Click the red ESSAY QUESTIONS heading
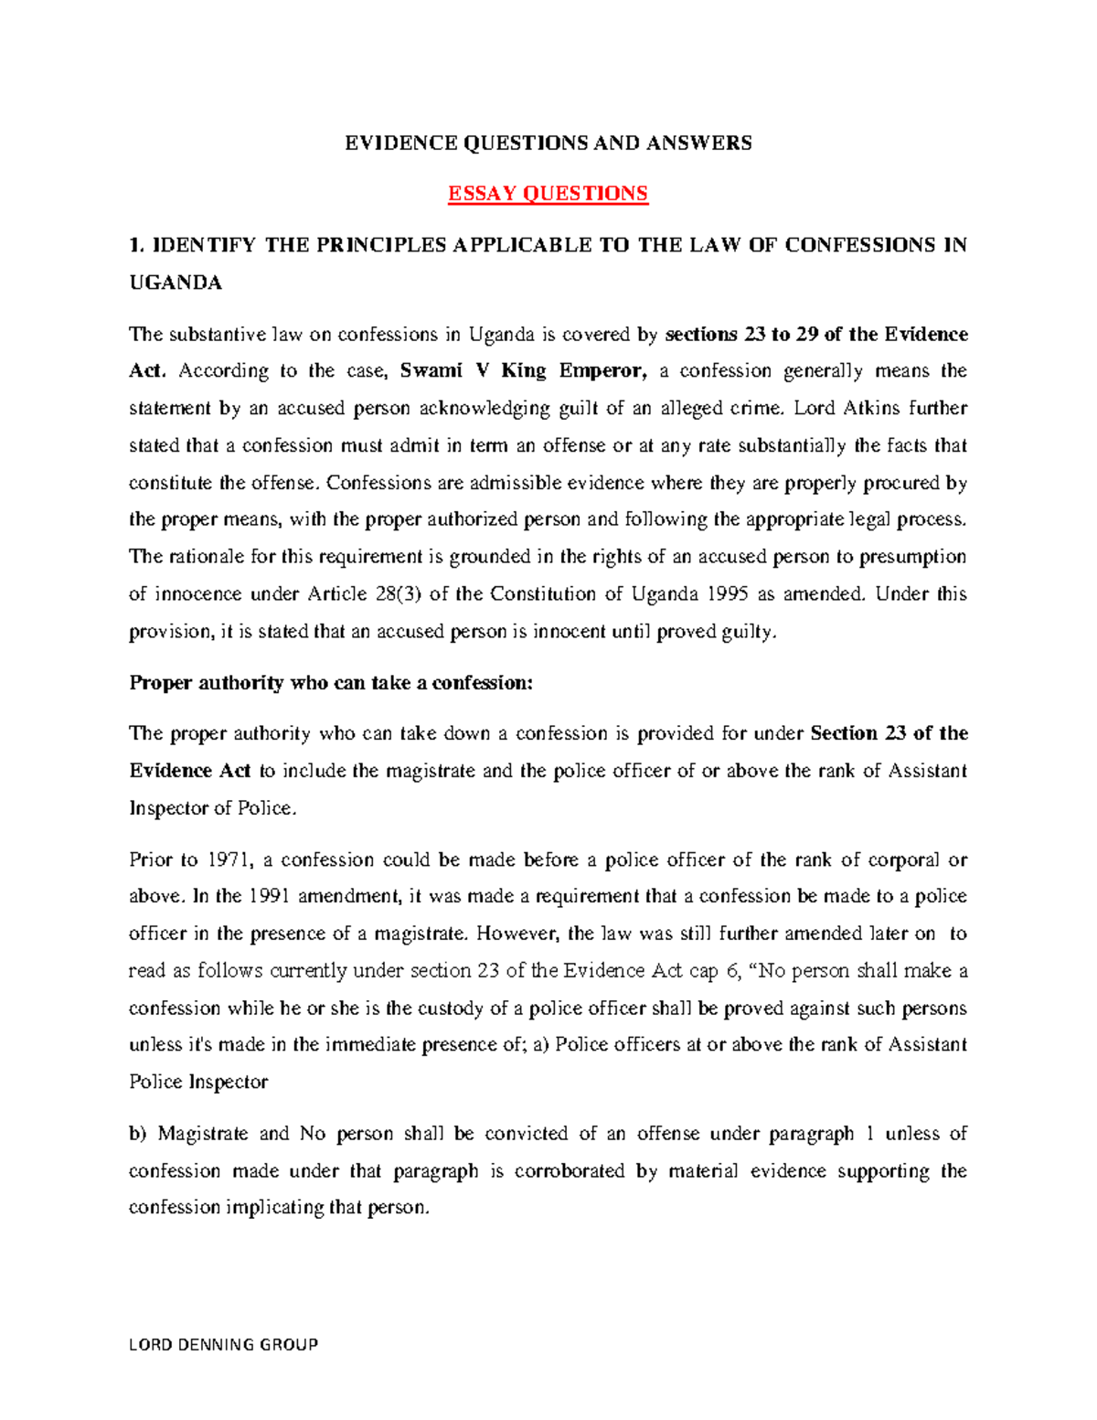(x=548, y=194)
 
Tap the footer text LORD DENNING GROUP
(x=223, y=1344)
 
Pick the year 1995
(x=728, y=594)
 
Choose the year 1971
(x=228, y=860)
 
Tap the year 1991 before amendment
(x=271, y=897)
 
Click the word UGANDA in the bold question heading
(x=176, y=283)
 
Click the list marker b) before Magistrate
(x=137, y=1134)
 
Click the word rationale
(x=209, y=557)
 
